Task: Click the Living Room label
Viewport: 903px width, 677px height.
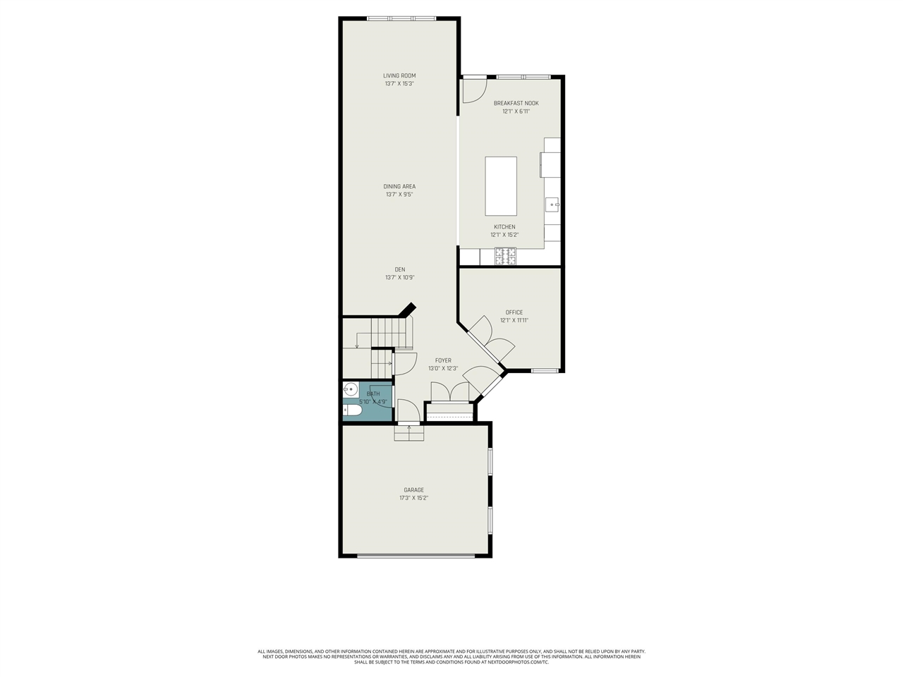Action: click(x=399, y=75)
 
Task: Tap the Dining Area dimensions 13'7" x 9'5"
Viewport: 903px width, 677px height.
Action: click(x=399, y=195)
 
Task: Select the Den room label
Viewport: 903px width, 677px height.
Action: click(x=399, y=269)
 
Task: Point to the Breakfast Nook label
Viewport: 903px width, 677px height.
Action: click(x=516, y=103)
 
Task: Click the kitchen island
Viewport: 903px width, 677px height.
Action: click(x=501, y=186)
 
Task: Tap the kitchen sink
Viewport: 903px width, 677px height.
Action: click(x=552, y=205)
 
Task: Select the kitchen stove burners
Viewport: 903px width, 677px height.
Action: click(x=505, y=257)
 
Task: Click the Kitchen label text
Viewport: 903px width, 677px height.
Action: click(x=504, y=227)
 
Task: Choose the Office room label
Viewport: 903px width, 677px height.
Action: click(x=514, y=312)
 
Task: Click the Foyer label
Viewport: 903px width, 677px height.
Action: click(x=443, y=360)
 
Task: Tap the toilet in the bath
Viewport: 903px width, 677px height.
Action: click(x=352, y=410)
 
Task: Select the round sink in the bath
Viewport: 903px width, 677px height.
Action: click(x=351, y=389)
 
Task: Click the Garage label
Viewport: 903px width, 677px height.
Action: click(x=414, y=490)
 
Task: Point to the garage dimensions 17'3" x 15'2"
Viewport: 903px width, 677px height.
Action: click(x=414, y=498)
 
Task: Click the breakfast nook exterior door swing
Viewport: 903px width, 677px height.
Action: click(x=473, y=90)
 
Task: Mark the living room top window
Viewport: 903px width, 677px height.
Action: click(x=401, y=18)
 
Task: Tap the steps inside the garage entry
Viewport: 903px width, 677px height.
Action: click(x=409, y=433)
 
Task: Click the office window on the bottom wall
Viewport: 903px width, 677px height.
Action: click(x=545, y=371)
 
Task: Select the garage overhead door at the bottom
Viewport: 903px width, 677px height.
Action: click(x=416, y=556)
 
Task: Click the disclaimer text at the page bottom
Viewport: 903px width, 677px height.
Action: click(x=451, y=657)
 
